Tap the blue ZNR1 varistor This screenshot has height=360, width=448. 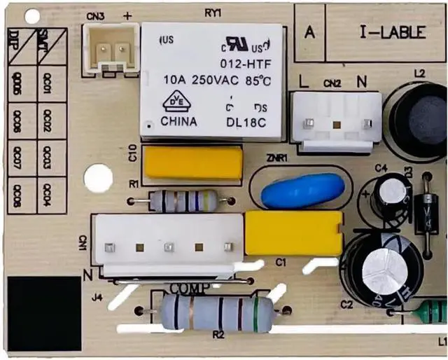[x=303, y=190]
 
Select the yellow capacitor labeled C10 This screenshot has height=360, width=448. [x=192, y=162]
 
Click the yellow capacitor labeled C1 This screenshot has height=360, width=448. [x=293, y=233]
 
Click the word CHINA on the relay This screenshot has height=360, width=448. [x=178, y=120]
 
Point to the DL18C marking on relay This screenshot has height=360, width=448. [x=246, y=120]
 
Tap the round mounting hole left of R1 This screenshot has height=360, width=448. [x=98, y=178]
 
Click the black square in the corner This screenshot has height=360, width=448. [x=44, y=313]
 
